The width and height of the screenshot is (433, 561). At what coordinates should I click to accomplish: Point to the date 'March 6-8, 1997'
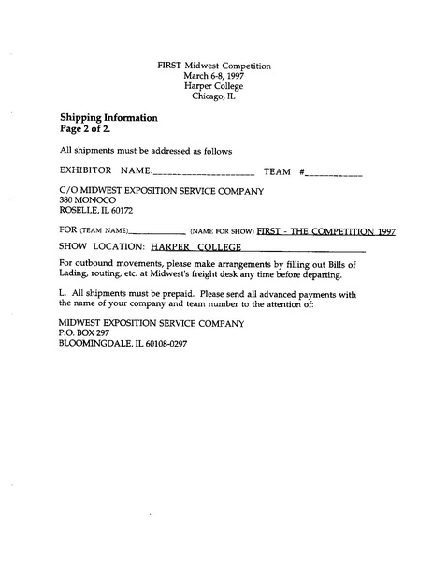(216, 76)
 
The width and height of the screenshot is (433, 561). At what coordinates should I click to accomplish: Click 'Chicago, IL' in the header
(216, 96)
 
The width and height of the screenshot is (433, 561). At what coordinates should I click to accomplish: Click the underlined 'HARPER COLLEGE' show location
(196, 248)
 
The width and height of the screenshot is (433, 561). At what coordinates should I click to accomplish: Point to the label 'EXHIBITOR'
(86, 172)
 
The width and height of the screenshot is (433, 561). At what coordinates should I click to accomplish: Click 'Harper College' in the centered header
(216, 86)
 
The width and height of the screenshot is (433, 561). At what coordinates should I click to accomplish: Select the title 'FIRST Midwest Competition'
(216, 66)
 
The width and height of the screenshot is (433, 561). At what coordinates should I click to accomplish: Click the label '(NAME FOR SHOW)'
(222, 230)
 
